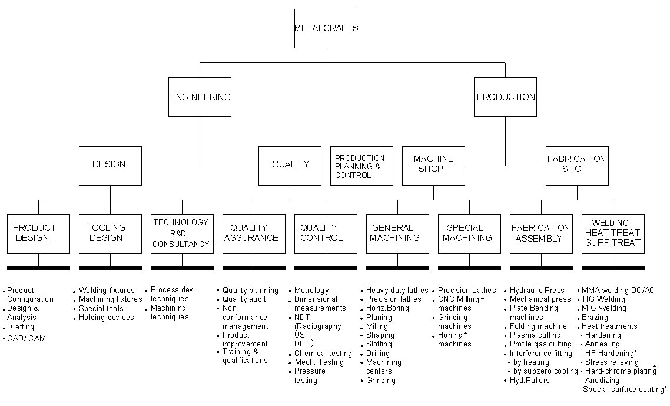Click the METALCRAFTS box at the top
pos(326,28)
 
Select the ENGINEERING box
pos(200,97)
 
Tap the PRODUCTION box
pos(505,97)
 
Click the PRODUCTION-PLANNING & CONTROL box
pos(361,166)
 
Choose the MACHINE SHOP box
pos(433,166)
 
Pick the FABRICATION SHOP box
pos(576,166)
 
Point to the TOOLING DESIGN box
pos(110,234)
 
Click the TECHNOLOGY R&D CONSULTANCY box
pos(182,234)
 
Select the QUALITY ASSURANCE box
pos(254,234)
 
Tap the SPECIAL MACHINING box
pos(469,234)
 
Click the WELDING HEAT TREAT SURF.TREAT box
pos(613,234)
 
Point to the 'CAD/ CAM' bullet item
pos(26,339)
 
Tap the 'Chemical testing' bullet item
pos(323,354)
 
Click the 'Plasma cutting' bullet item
pos(535,335)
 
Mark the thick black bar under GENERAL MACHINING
pos(397,268)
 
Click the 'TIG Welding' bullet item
pos(603,299)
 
